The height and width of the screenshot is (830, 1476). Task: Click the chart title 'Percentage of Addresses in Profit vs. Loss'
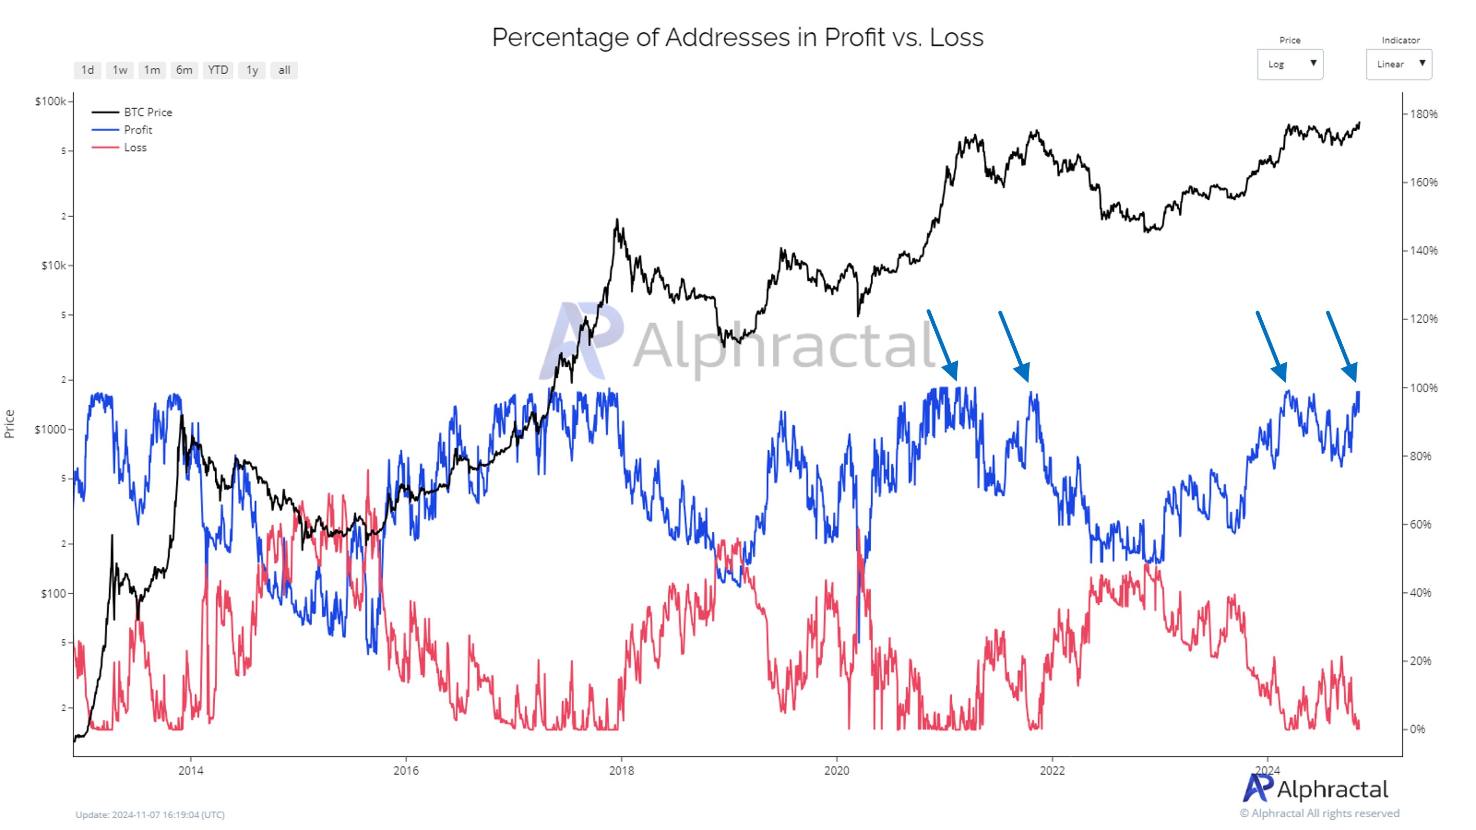pyautogui.click(x=737, y=38)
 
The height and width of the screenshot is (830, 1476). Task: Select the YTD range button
pyautogui.click(x=218, y=70)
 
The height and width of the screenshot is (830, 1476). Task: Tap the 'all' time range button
pyautogui.click(x=284, y=70)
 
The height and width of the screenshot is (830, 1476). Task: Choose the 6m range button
pyautogui.click(x=184, y=70)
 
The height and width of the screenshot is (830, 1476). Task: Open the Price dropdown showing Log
pyautogui.click(x=1289, y=64)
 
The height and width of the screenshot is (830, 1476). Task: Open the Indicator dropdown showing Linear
pyautogui.click(x=1398, y=64)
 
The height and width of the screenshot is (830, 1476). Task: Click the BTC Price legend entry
pyautogui.click(x=147, y=112)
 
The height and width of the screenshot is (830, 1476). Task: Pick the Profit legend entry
pyautogui.click(x=137, y=130)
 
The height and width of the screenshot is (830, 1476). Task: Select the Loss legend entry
pyautogui.click(x=135, y=148)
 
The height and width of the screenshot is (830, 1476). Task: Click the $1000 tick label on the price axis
pyautogui.click(x=50, y=430)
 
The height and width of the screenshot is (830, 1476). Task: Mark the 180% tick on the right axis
pyautogui.click(x=1423, y=114)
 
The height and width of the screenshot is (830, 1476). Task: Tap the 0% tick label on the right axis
pyautogui.click(x=1417, y=729)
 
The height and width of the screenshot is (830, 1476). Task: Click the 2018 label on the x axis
pyautogui.click(x=621, y=771)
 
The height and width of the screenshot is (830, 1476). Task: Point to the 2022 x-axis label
pyautogui.click(x=1052, y=771)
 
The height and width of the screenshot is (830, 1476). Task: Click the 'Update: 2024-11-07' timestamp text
pyautogui.click(x=150, y=815)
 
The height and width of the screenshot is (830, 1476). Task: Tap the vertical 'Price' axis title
pyautogui.click(x=9, y=424)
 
